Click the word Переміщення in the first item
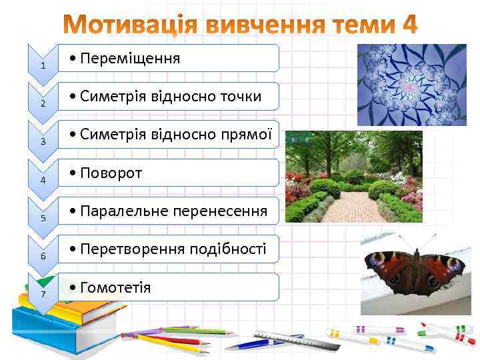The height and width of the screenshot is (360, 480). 129,59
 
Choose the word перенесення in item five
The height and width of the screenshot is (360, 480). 220,211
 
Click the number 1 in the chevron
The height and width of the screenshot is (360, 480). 43,65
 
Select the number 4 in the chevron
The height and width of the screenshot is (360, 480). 43,180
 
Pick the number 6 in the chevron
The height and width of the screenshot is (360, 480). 43,256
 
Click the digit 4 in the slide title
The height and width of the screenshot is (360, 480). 409,25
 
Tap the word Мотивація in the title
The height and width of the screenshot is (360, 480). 121,25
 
